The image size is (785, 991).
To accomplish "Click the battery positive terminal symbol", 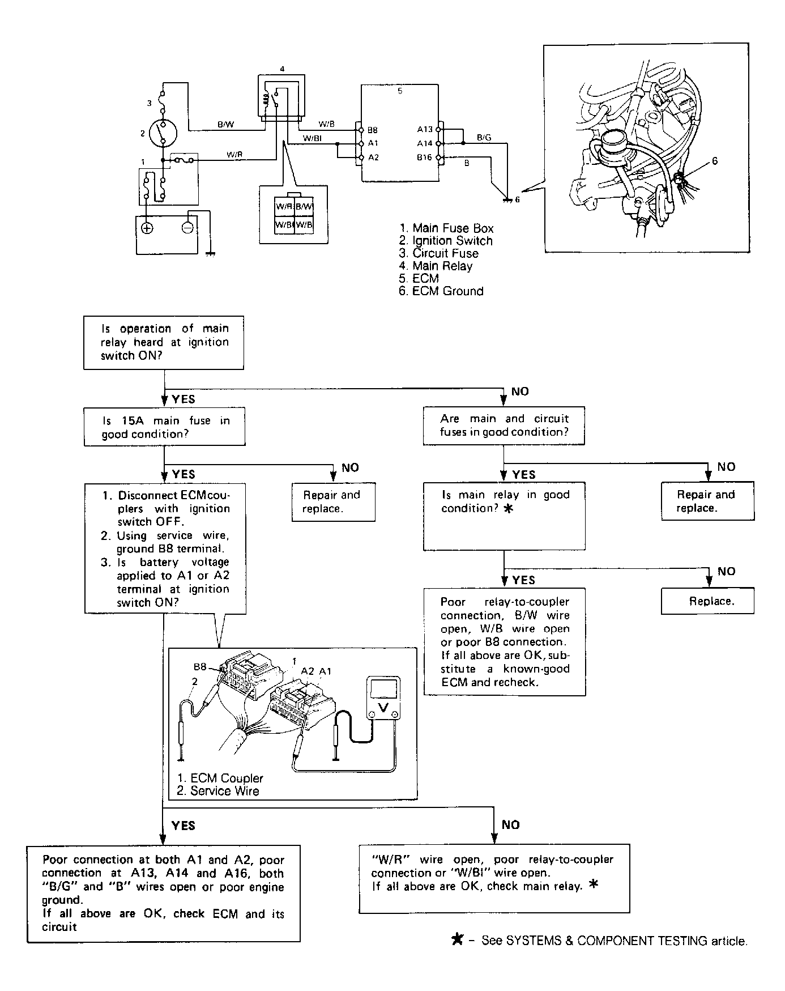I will click(x=147, y=228).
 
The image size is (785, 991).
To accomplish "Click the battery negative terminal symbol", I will click(x=187, y=228).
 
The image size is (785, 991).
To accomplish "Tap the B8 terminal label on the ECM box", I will click(x=372, y=130).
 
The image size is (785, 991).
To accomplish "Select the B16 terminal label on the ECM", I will click(x=425, y=158).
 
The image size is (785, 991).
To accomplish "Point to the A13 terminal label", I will click(x=425, y=130).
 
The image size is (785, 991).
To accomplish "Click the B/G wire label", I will click(x=484, y=137).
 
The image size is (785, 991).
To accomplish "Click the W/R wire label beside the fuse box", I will click(x=234, y=154).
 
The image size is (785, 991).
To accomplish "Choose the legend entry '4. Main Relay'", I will click(x=436, y=266).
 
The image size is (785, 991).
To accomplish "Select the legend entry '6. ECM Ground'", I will click(x=441, y=291).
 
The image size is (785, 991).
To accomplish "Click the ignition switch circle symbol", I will click(x=163, y=133).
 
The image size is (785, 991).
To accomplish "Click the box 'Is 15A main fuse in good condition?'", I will click(x=164, y=427).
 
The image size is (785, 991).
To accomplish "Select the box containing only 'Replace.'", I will click(x=707, y=601).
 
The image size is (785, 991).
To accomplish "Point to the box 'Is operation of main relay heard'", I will click(x=164, y=342).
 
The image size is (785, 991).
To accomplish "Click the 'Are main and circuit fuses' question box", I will click(x=504, y=425).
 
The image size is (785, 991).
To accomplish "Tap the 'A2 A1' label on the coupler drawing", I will click(x=316, y=671).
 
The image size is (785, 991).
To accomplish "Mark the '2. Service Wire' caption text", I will click(x=218, y=791).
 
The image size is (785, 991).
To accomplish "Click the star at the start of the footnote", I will click(x=457, y=940).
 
